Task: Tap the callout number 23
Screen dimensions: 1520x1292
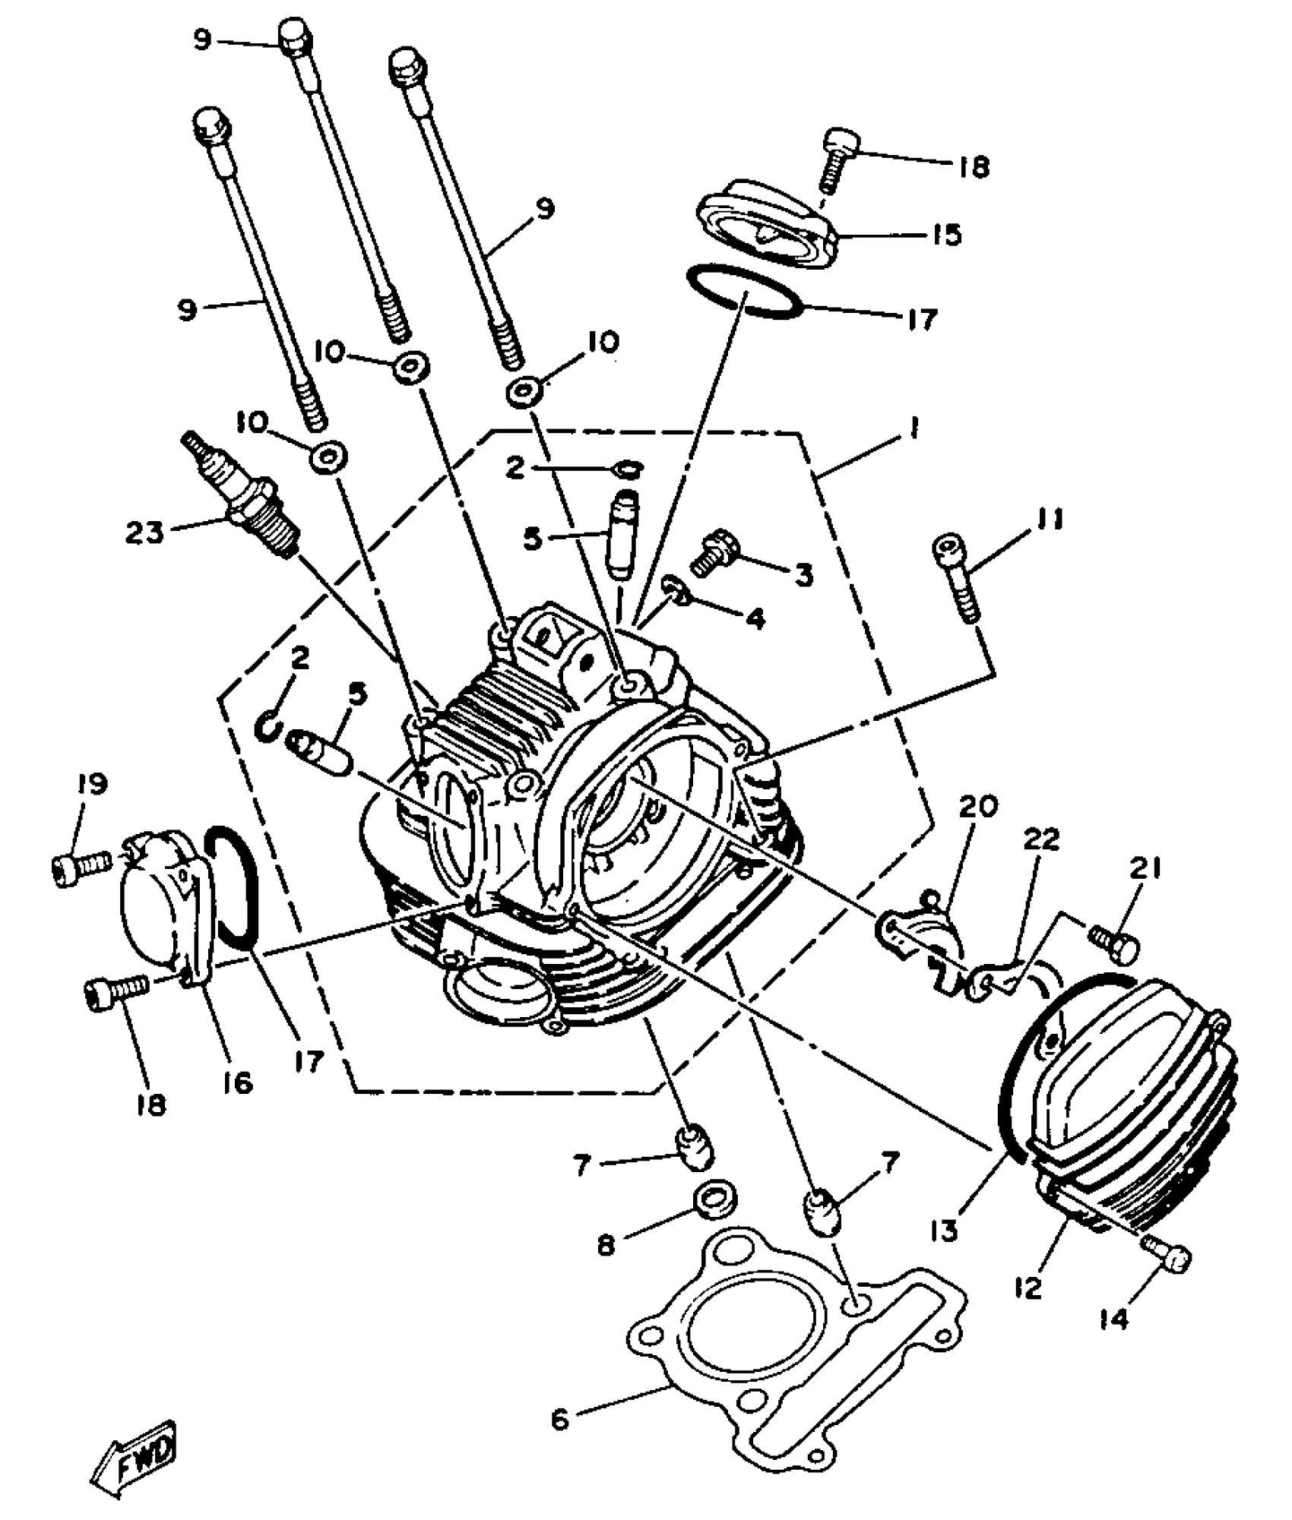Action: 144,532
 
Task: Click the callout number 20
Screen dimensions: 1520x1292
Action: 978,807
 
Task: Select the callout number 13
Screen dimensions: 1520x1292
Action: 945,1231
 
